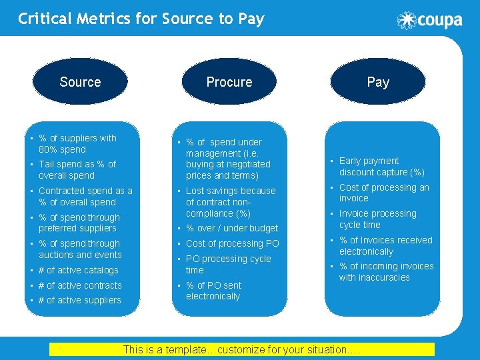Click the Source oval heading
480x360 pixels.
click(80, 82)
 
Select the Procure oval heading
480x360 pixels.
click(229, 82)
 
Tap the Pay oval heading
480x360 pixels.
click(378, 82)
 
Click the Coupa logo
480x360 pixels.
click(429, 20)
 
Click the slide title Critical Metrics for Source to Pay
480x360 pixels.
click(141, 19)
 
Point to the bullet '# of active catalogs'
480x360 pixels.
click(79, 270)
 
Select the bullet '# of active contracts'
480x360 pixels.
click(80, 285)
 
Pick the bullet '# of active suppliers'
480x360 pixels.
click(80, 300)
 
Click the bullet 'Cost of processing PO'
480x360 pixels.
click(232, 243)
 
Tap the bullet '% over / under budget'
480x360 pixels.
click(231, 228)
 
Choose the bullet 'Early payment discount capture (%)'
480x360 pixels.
click(381, 166)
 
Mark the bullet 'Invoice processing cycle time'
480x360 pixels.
click(377, 219)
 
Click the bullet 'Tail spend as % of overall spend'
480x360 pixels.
click(77, 169)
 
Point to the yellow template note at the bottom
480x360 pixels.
click(242, 349)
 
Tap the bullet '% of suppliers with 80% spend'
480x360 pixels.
click(77, 143)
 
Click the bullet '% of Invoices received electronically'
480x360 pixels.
click(385, 245)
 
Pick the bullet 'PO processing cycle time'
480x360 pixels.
click(228, 264)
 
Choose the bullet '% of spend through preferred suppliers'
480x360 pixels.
click(79, 223)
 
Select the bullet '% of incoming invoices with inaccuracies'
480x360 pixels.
click(386, 271)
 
